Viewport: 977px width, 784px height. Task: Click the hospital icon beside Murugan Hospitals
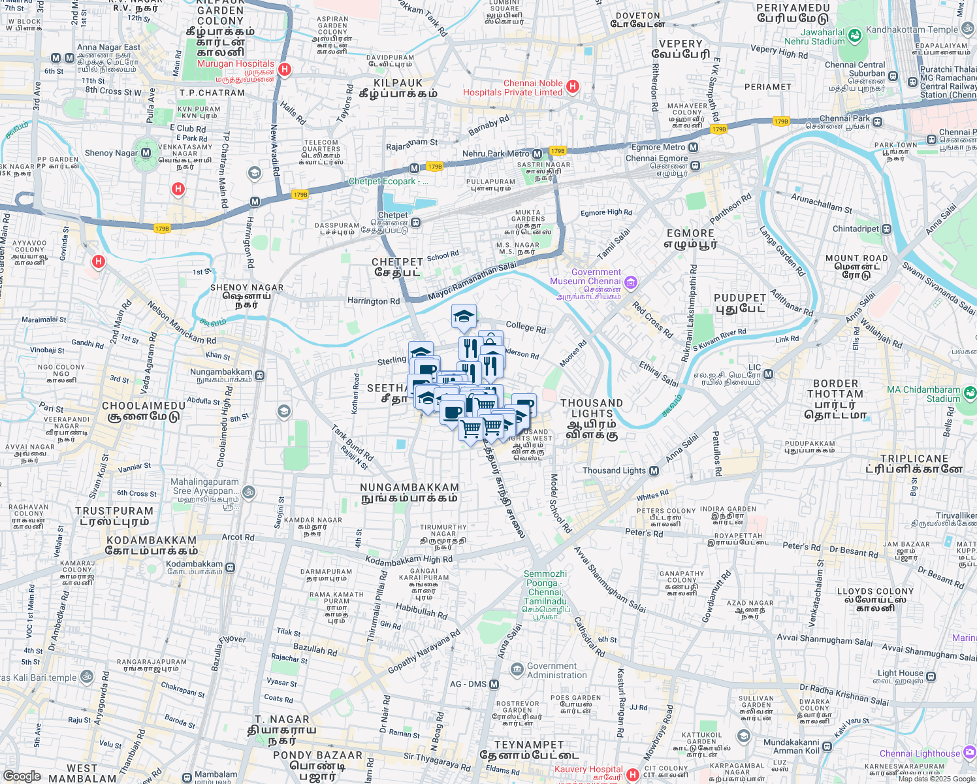pyautogui.click(x=284, y=69)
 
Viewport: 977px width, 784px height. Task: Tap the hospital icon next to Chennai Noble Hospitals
pyautogui.click(x=573, y=86)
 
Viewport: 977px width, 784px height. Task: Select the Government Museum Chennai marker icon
pyautogui.click(x=630, y=283)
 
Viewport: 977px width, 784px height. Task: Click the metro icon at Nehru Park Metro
pyautogui.click(x=537, y=154)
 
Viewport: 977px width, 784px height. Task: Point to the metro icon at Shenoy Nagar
pyautogui.click(x=146, y=153)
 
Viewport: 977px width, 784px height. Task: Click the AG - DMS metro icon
pyautogui.click(x=494, y=684)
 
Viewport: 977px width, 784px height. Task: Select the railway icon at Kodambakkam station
pyautogui.click(x=230, y=567)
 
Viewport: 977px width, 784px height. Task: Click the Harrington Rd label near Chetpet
pyautogui.click(x=373, y=301)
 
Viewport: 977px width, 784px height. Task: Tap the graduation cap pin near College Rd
pyautogui.click(x=464, y=317)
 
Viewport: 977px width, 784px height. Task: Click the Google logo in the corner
pyautogui.click(x=22, y=776)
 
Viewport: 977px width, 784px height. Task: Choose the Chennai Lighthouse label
pyautogui.click(x=920, y=753)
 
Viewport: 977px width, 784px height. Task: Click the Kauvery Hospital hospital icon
pyautogui.click(x=632, y=775)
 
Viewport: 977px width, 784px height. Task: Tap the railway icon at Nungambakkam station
pyautogui.click(x=260, y=375)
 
